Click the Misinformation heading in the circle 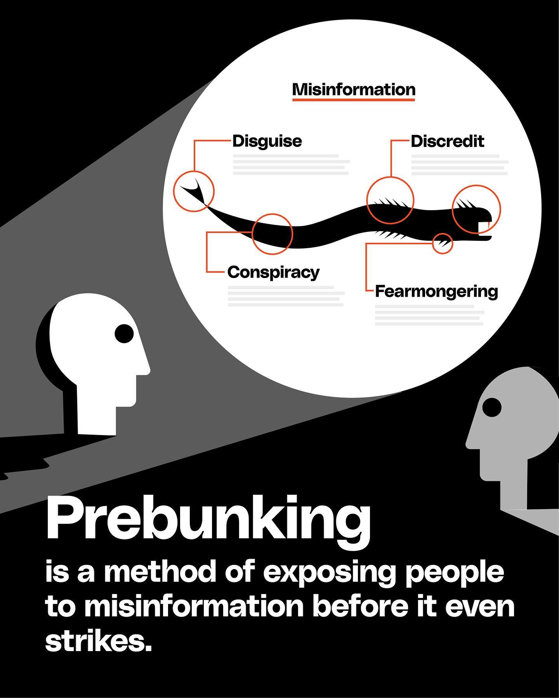pos(354,89)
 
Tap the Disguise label pos(267,141)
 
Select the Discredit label pos(448,141)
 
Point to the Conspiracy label pos(274,272)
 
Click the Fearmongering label pos(436,292)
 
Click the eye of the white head pos(124,333)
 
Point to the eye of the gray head pos(492,407)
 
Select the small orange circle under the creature pos(443,244)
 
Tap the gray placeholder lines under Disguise pos(291,165)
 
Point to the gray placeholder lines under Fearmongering pos(430,315)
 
